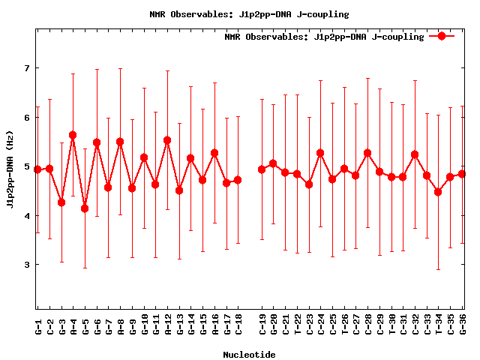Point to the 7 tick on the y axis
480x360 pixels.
pos(28,68)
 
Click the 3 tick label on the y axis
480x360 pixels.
pos(28,265)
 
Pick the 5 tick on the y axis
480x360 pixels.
pos(28,166)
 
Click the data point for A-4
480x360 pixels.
pos(73,135)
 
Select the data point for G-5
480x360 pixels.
pos(85,208)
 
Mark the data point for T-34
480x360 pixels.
pos(438,192)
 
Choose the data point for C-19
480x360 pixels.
pos(262,169)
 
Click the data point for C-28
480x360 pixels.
pos(367,153)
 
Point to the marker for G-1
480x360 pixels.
pos(37,169)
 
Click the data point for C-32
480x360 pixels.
pos(415,154)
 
